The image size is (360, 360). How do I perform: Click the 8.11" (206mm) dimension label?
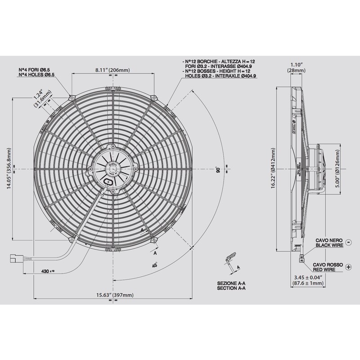(x=112, y=70)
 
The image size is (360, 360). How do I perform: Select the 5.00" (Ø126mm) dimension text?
(x=338, y=169)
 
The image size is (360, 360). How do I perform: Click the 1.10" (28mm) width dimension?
(x=295, y=67)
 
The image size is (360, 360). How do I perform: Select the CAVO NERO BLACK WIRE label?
(x=331, y=243)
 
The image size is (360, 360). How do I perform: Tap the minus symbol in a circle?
(x=348, y=243)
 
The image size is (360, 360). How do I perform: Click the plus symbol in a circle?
(x=348, y=267)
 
